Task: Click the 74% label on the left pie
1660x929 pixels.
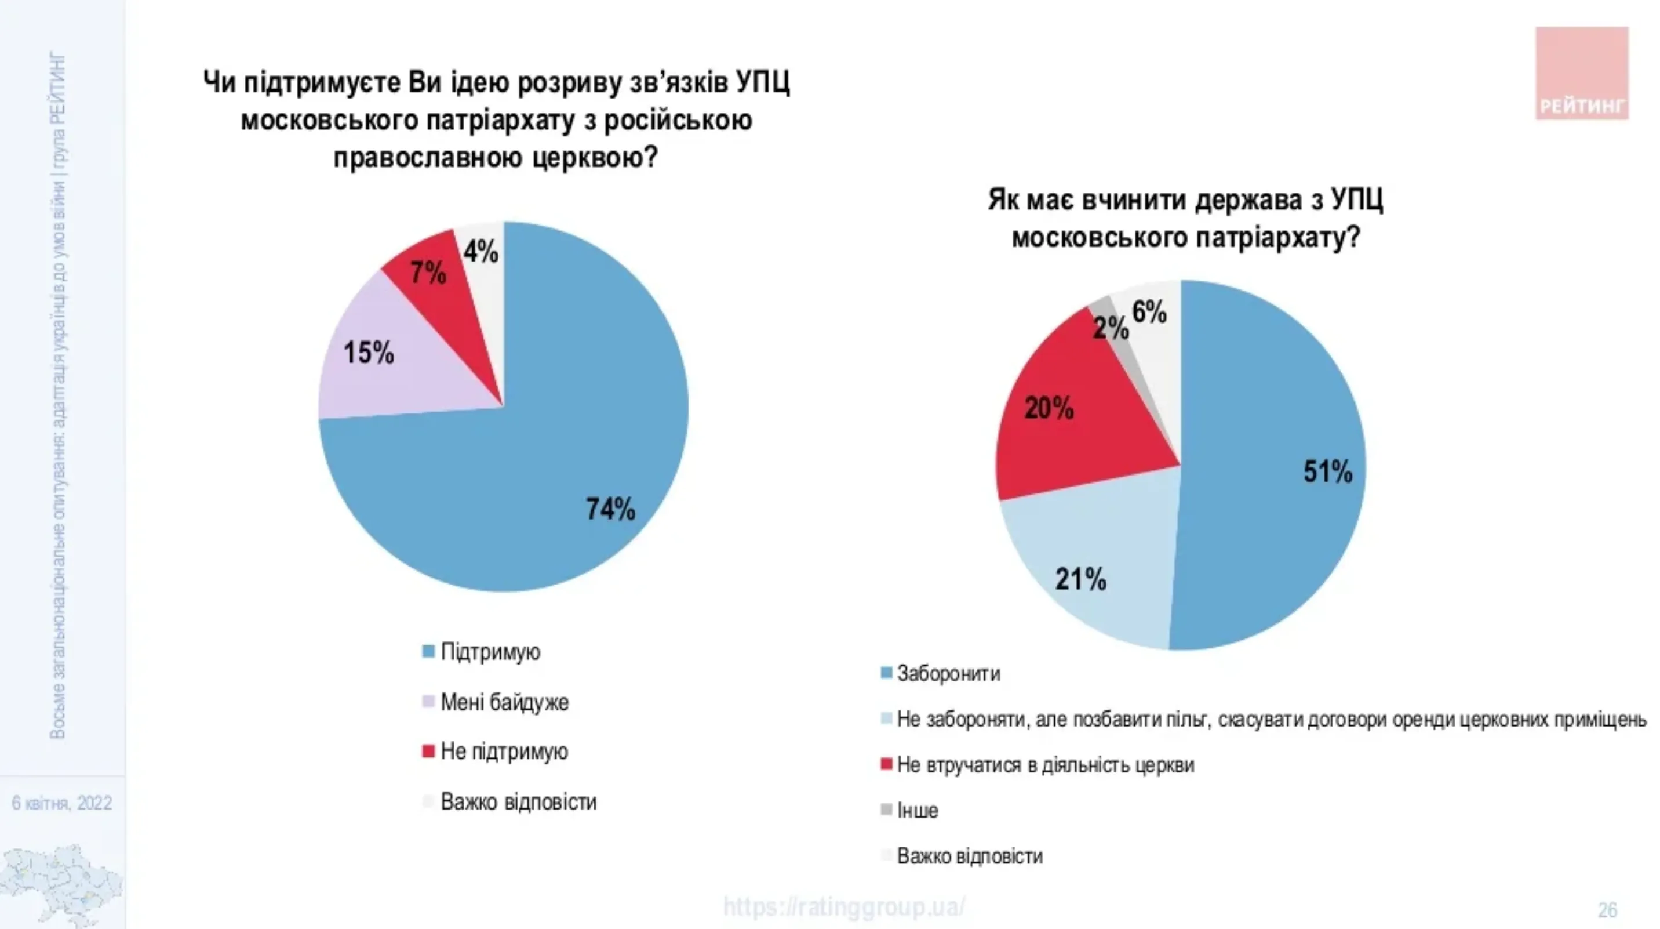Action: point(610,509)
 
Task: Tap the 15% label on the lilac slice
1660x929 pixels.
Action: point(369,353)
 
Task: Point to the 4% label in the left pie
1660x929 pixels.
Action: point(480,252)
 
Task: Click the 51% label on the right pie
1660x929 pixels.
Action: point(1327,471)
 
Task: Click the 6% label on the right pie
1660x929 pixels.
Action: point(1149,313)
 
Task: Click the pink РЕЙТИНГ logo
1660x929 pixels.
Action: point(1582,73)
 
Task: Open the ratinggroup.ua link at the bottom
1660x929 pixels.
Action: point(844,907)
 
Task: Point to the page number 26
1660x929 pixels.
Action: point(1607,910)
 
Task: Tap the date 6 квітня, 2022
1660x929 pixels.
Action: point(62,803)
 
